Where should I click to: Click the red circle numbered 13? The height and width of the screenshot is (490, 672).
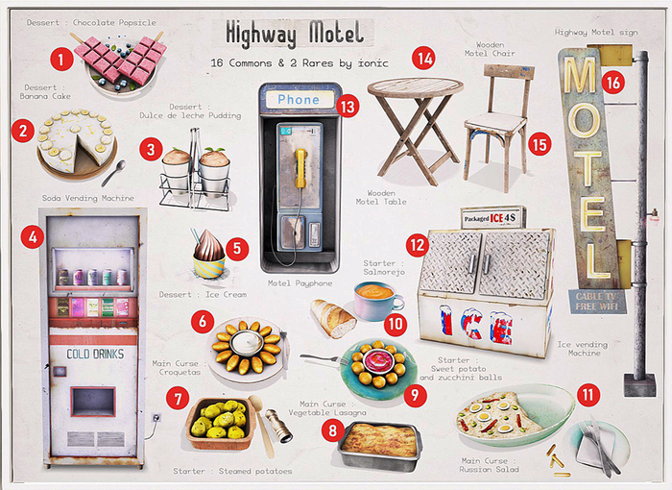click(x=348, y=108)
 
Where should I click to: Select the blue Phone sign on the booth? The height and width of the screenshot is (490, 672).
click(x=298, y=99)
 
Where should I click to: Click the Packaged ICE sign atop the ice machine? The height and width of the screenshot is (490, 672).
click(x=492, y=218)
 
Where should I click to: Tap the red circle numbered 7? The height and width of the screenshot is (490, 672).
click(x=177, y=397)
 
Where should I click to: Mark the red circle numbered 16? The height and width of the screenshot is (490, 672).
click(x=614, y=83)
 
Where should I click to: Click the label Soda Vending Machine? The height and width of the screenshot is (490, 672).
click(x=89, y=199)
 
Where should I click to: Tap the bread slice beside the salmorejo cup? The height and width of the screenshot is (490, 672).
click(x=333, y=318)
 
